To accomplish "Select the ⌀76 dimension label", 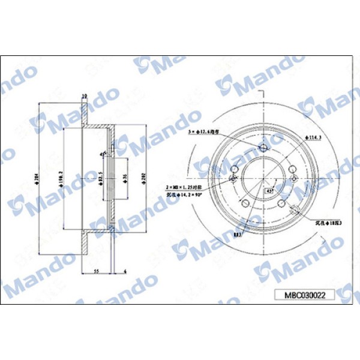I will coord(125,178).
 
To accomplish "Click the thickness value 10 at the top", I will coord(85,95).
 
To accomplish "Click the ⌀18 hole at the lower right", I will coord(294,209).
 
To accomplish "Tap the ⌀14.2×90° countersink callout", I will coord(182,196).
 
